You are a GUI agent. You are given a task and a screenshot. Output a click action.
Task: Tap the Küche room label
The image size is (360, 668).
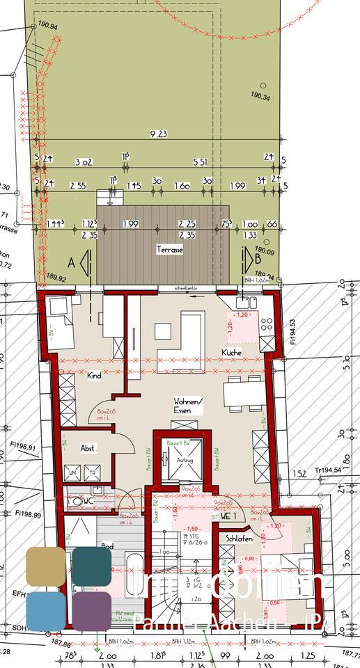tap(232, 353)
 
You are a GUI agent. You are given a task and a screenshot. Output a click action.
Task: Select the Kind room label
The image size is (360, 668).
tap(94, 376)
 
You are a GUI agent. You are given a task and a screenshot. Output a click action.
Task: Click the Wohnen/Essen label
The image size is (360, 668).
tap(189, 406)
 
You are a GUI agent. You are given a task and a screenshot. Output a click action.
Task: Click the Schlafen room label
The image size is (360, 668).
tap(239, 539)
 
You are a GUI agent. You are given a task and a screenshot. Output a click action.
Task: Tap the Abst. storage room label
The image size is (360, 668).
tap(88, 448)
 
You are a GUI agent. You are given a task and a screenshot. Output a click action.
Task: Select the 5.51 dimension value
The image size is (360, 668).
tap(200, 162)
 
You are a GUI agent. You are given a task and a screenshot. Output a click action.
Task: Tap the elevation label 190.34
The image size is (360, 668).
tap(260, 97)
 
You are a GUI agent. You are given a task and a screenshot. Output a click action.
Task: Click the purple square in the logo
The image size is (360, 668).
tap(91, 610)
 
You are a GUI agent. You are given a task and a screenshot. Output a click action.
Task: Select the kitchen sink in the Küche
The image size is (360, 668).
tap(244, 302)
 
